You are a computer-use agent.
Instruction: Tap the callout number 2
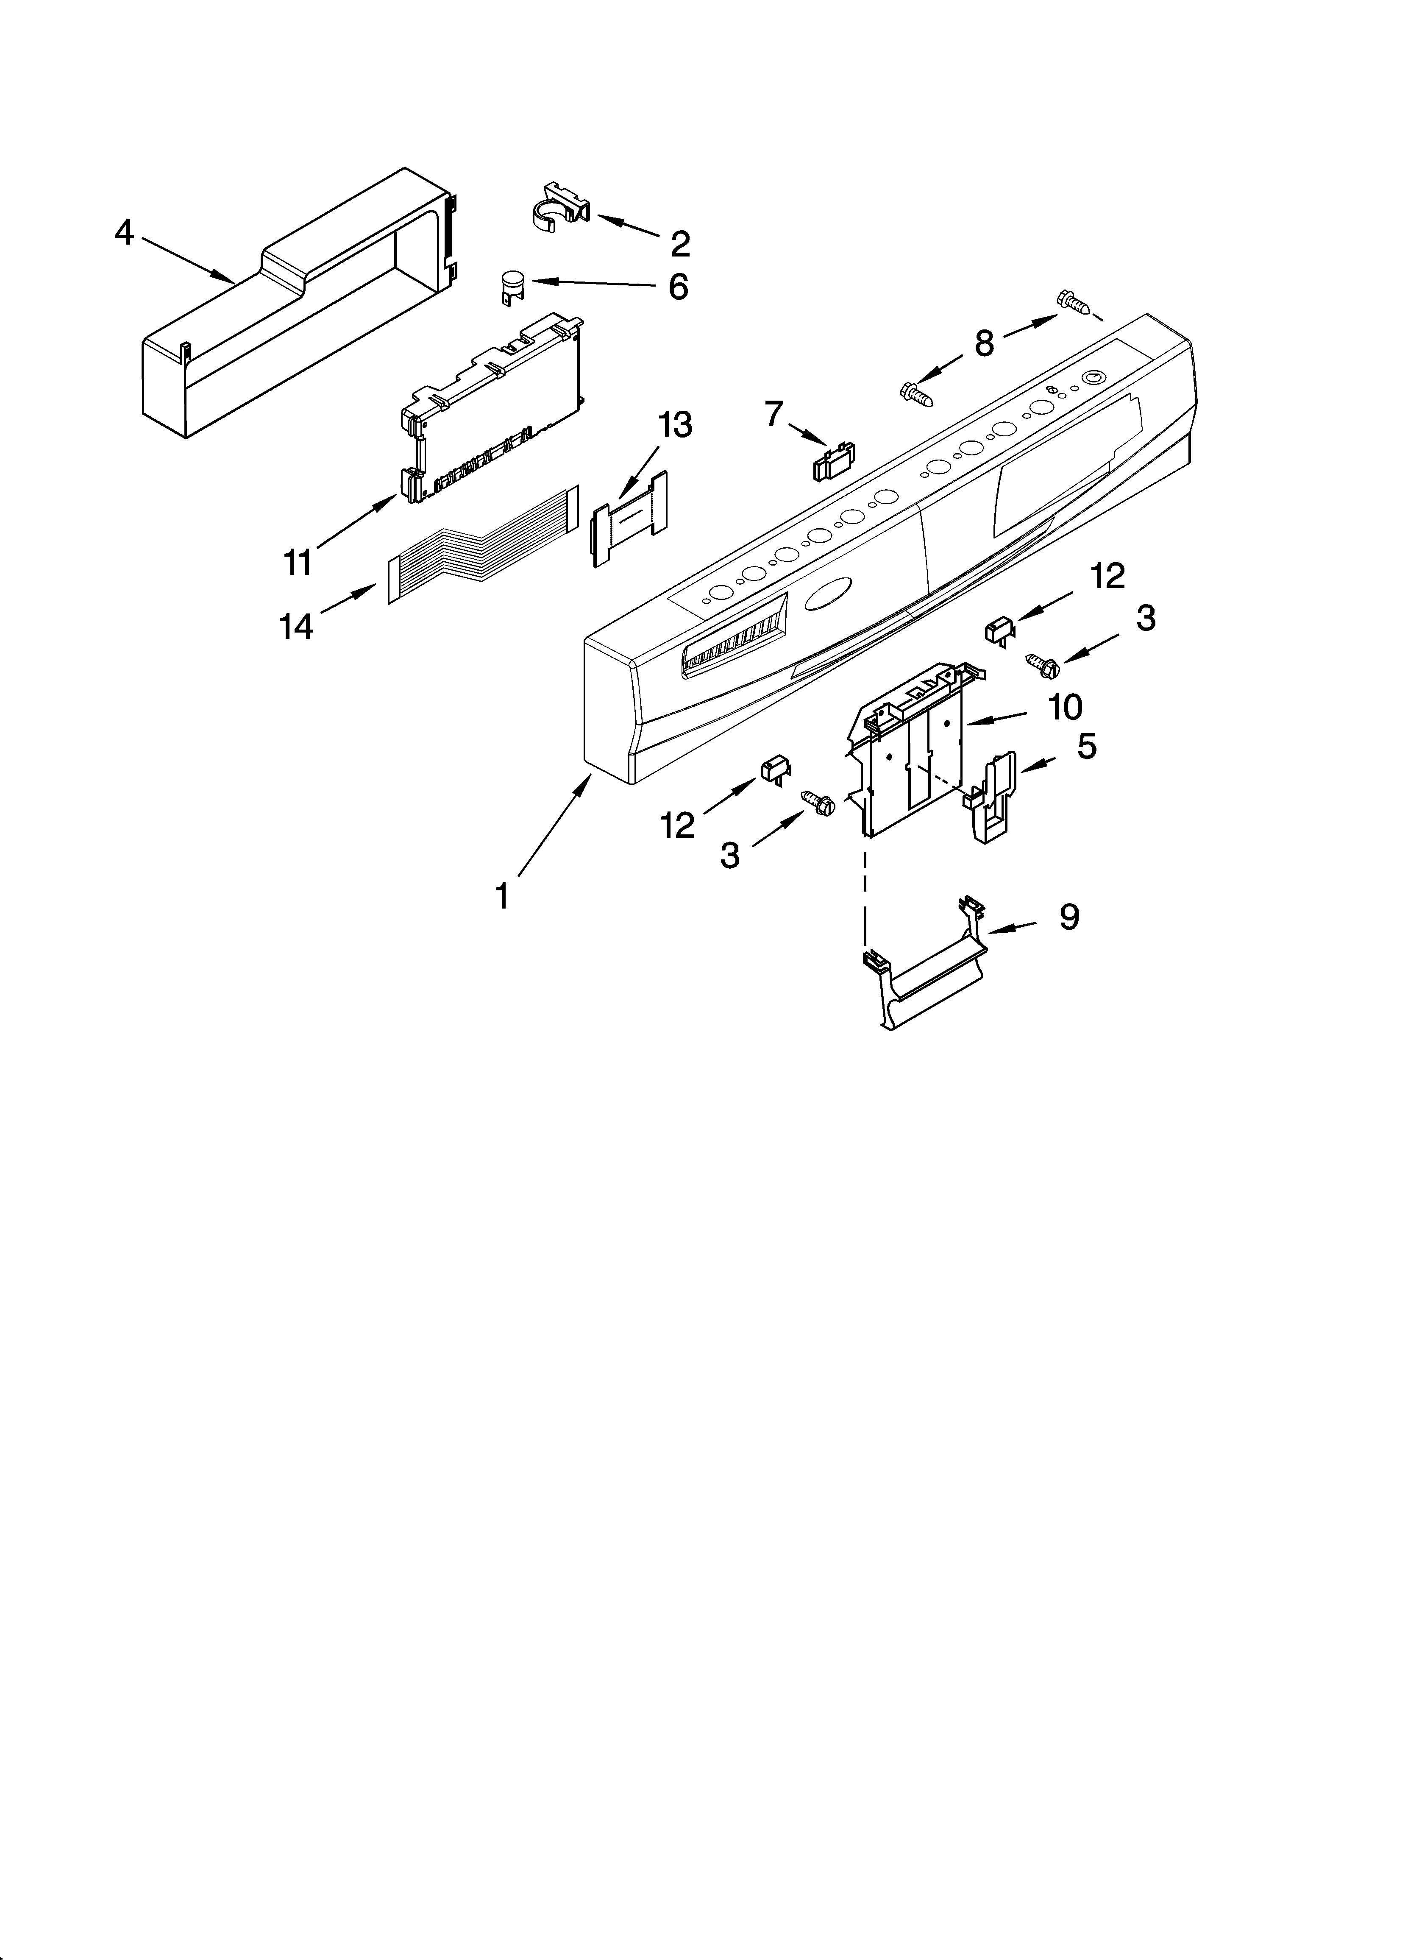pyautogui.click(x=680, y=245)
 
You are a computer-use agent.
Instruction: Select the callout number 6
pyautogui.click(x=679, y=287)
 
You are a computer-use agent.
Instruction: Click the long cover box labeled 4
pyautogui.click(x=294, y=311)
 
